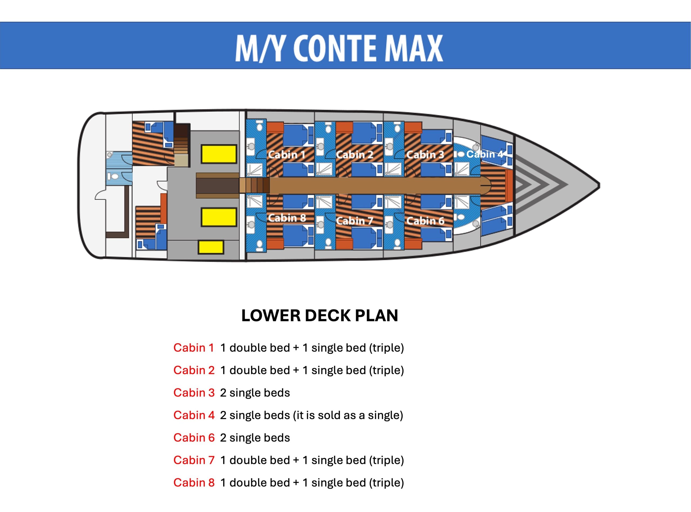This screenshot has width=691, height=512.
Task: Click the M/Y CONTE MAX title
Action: [339, 48]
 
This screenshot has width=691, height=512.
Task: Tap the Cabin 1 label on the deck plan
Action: [286, 154]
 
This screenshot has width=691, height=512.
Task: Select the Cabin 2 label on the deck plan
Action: [355, 154]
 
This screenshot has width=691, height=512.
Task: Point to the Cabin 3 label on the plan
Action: [425, 154]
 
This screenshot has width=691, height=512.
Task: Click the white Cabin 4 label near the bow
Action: [485, 154]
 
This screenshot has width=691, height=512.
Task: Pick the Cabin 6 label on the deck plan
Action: [425, 221]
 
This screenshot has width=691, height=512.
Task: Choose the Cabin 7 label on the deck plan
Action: [355, 221]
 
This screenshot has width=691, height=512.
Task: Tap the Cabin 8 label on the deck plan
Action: [286, 218]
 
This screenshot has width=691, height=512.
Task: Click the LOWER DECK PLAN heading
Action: [320, 315]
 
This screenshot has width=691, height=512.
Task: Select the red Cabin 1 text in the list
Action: [194, 348]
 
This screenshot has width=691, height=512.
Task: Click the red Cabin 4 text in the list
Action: [194, 415]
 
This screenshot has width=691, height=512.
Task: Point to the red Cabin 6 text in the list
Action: [194, 438]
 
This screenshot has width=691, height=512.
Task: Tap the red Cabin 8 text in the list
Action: [194, 483]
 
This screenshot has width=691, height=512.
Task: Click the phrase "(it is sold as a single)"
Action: [348, 415]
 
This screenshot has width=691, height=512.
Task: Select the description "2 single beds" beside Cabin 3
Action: [255, 393]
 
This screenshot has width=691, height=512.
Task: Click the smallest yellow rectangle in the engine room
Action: [211, 247]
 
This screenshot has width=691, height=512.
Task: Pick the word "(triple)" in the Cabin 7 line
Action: [386, 460]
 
